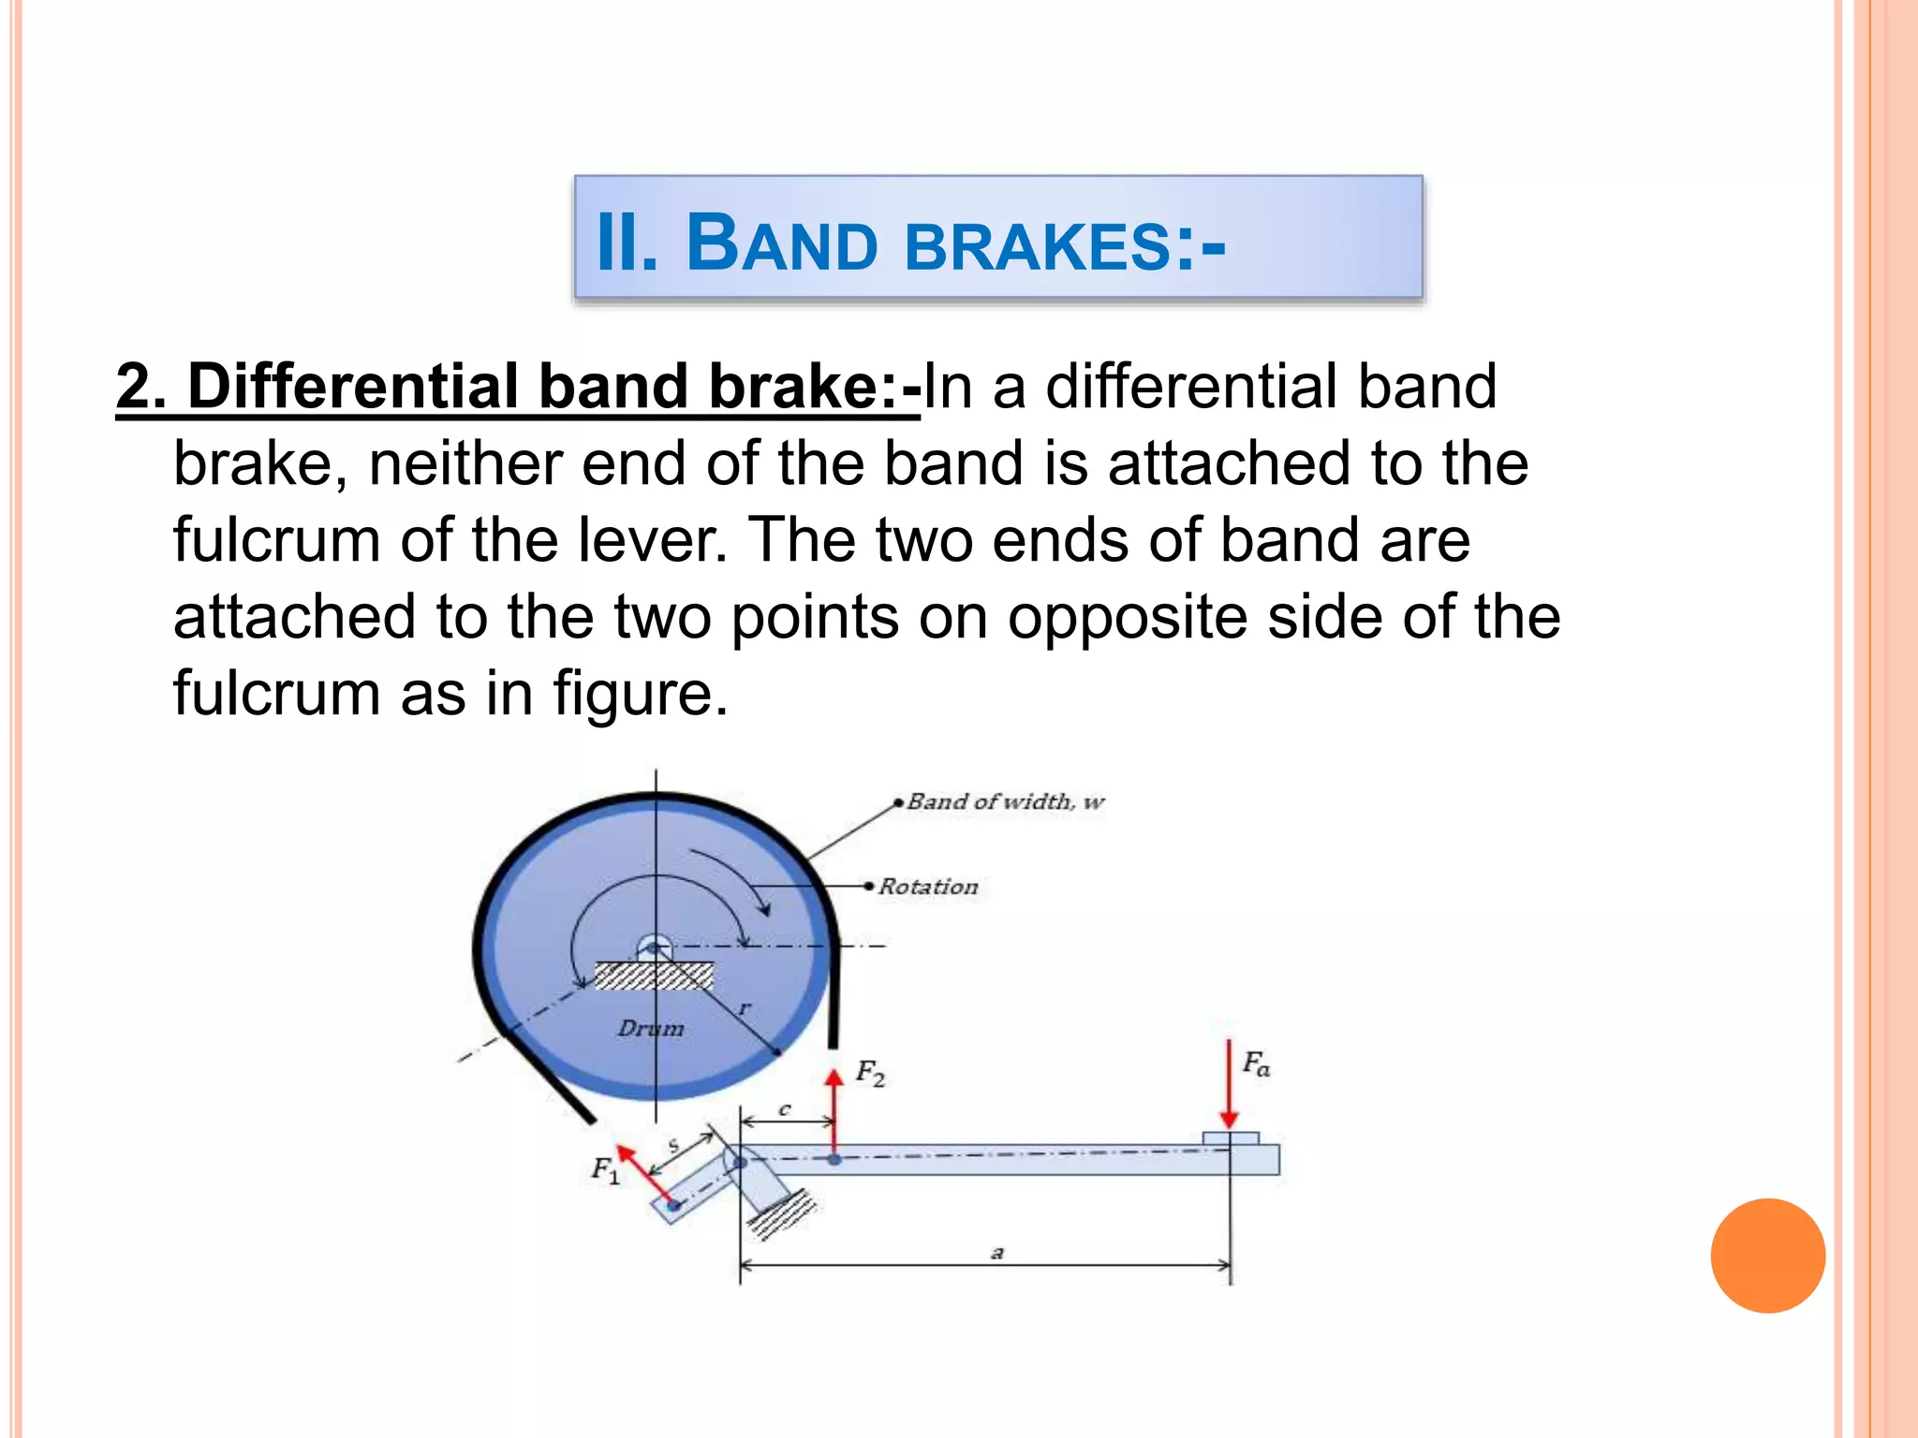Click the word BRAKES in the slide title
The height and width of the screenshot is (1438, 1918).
[1038, 246]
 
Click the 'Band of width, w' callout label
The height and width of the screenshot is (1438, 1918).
[1005, 802]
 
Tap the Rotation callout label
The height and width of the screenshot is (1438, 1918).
[928, 887]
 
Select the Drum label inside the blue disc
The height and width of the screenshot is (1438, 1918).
[651, 1028]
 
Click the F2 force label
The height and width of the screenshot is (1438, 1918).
[870, 1073]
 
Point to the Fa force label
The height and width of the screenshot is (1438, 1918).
[1256, 1064]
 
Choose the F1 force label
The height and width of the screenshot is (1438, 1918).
[605, 1170]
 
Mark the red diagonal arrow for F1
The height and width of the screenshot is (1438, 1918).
[645, 1174]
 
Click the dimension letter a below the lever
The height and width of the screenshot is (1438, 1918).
[997, 1252]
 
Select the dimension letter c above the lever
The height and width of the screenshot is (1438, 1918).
[785, 1109]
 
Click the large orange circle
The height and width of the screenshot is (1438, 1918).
[1767, 1255]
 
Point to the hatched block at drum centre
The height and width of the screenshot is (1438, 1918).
[654, 976]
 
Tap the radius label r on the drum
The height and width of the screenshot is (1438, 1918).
[745, 1008]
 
